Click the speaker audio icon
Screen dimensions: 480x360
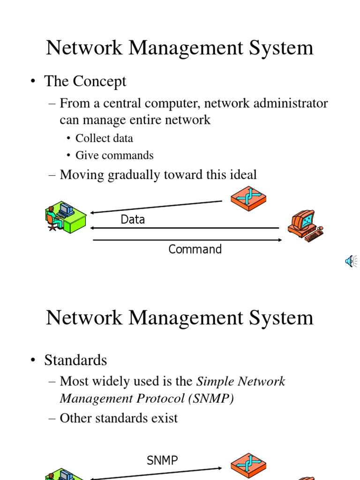tap(351, 262)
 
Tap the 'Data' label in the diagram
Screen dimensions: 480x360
tap(133, 219)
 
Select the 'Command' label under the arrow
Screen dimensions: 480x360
tap(195, 249)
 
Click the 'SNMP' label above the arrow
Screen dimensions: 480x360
tap(162, 460)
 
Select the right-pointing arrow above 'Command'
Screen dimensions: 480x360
tap(187, 240)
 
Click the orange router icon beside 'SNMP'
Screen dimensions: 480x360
tap(248, 465)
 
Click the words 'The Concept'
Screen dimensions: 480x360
tap(85, 81)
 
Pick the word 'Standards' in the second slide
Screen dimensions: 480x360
tap(75, 360)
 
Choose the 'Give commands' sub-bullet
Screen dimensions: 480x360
tap(114, 155)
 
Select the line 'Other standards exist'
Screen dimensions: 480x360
tap(119, 418)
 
